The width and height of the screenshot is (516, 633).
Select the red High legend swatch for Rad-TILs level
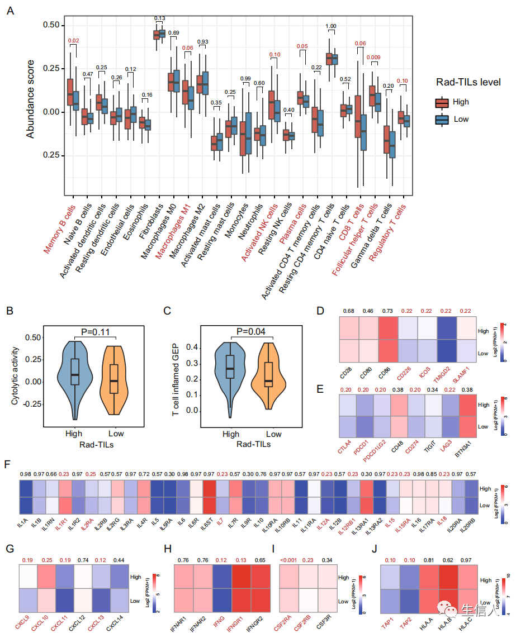coord(443,102)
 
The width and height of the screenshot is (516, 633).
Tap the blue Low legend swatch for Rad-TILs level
coord(443,119)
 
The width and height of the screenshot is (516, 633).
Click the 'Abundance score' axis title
coord(30,99)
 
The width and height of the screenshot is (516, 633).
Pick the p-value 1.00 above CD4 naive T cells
coord(331,26)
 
